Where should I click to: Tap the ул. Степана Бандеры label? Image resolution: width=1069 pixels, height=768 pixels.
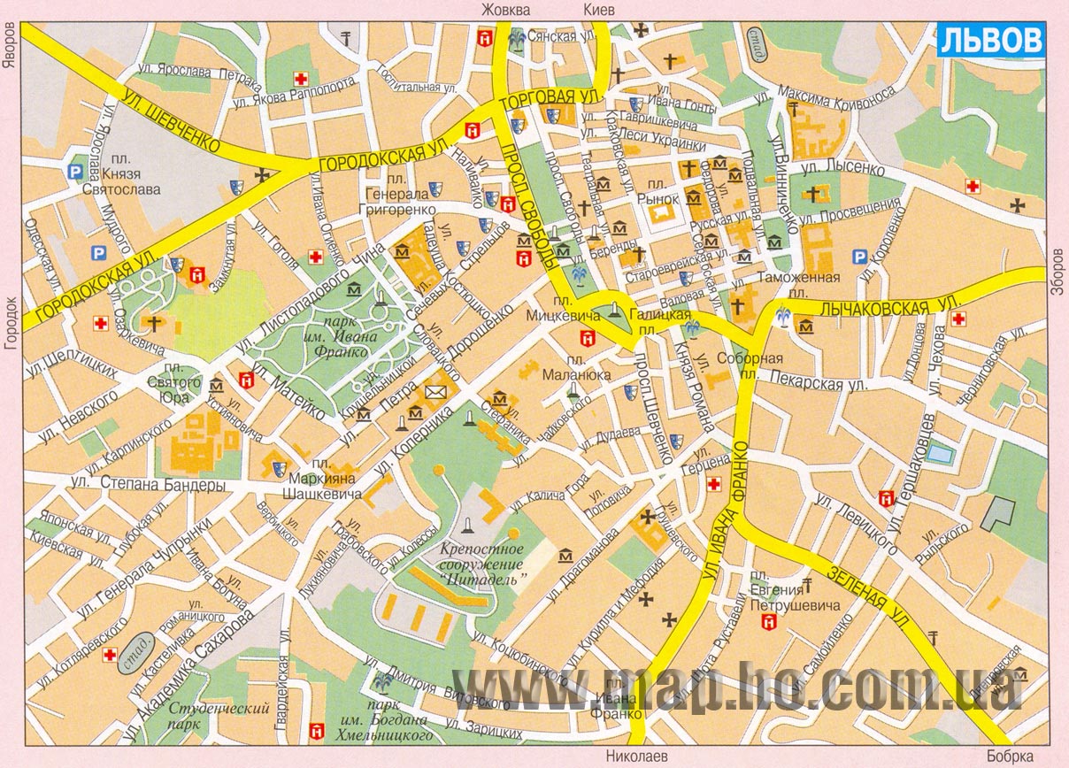coord(146,485)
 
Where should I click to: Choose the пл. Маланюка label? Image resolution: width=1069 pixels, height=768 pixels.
coord(580,367)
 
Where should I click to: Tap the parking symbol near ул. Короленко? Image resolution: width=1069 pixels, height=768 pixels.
coord(858,257)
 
